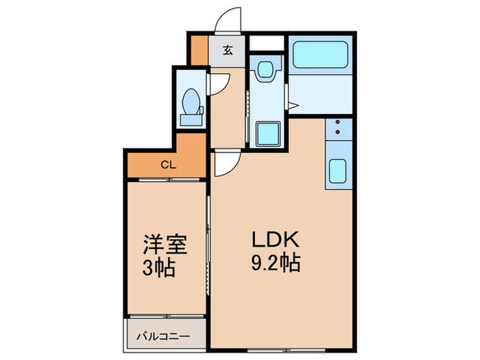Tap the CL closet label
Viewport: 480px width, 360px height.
click(x=167, y=164)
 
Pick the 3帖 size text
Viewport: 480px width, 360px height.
click(x=160, y=267)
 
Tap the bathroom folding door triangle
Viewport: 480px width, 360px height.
click(x=293, y=106)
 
